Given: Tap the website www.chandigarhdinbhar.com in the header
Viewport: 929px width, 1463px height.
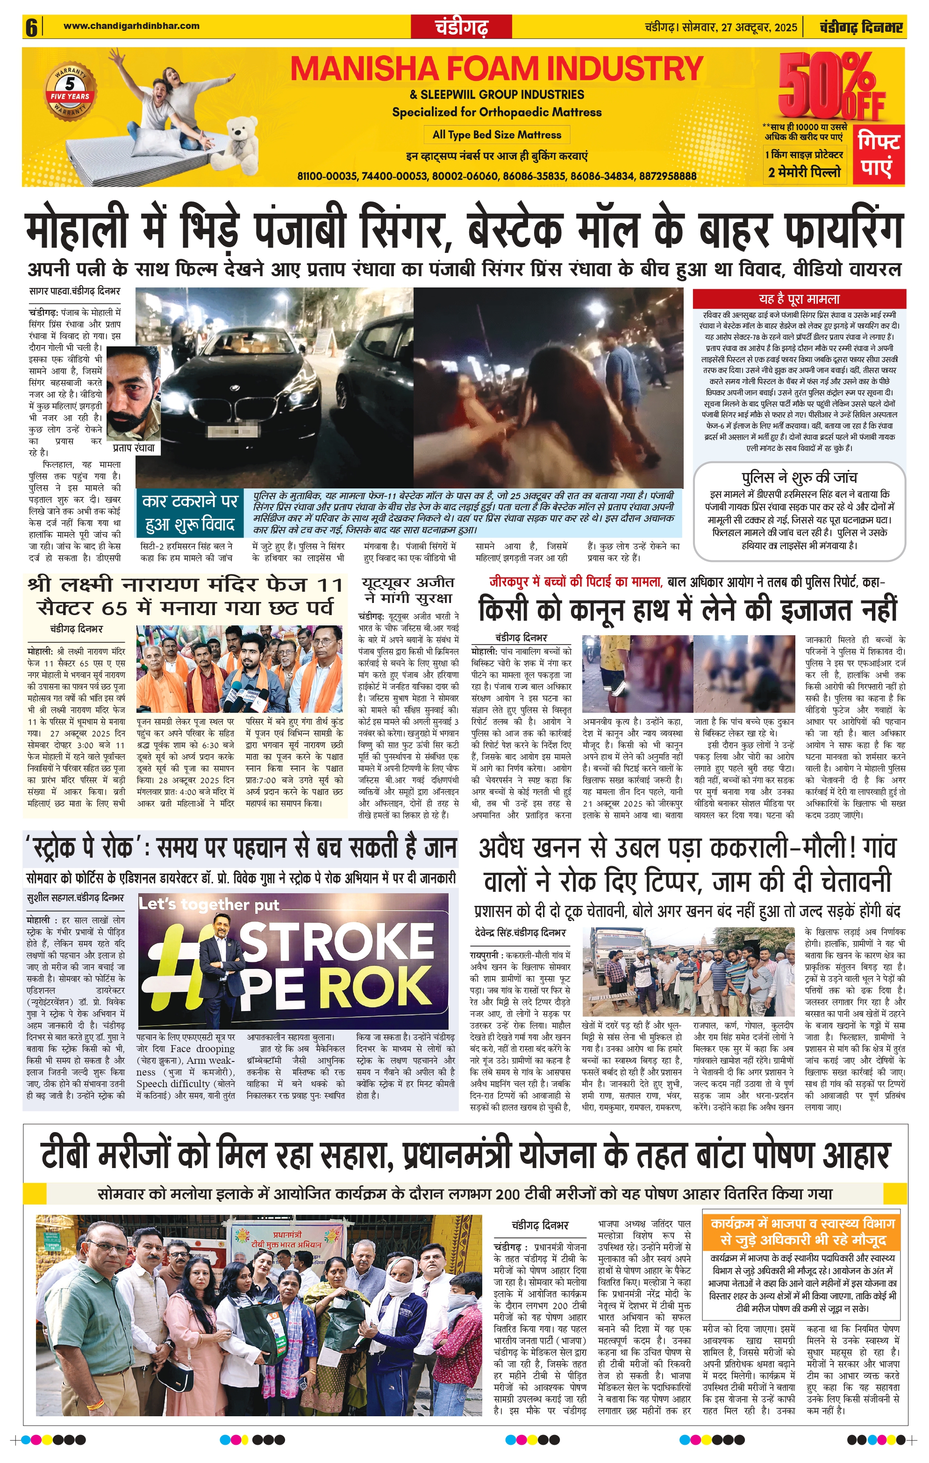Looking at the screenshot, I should (x=131, y=26).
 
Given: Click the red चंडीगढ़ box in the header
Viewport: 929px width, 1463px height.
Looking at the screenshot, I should (x=461, y=27).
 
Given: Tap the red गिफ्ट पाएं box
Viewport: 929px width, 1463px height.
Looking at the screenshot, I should (x=879, y=155).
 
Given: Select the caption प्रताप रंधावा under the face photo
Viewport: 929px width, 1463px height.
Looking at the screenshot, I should (x=134, y=448).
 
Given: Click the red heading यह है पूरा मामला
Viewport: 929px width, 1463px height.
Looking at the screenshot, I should (x=799, y=299).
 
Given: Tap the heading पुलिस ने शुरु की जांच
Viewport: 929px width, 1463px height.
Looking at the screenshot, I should (x=799, y=477).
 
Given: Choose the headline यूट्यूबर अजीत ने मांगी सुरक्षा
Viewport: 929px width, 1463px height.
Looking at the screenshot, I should (x=407, y=590).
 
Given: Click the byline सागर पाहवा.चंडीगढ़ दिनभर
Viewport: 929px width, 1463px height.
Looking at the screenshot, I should (x=75, y=292).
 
